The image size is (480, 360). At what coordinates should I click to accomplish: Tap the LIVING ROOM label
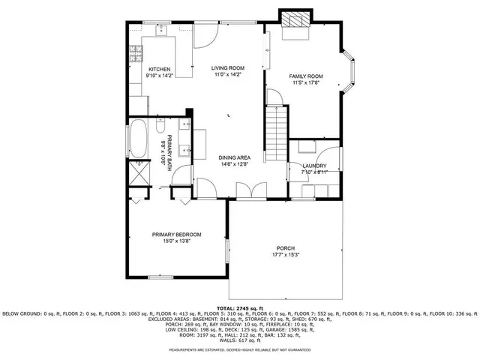[229, 68]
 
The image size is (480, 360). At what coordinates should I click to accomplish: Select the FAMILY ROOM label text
[306, 76]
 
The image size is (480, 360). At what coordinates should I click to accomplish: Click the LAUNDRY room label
[313, 166]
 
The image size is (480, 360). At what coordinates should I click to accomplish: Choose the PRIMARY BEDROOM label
[176, 234]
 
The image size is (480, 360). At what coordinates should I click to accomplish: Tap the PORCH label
[285, 248]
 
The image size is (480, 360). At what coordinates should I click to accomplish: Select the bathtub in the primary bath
[139, 139]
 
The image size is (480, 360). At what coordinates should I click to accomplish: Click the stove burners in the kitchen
[136, 55]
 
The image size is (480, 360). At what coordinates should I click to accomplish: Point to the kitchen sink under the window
[160, 31]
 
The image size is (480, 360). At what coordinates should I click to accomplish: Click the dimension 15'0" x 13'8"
[176, 241]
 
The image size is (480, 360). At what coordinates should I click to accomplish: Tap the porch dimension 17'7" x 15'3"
[285, 255]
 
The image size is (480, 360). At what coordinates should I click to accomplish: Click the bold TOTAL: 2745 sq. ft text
[240, 308]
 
